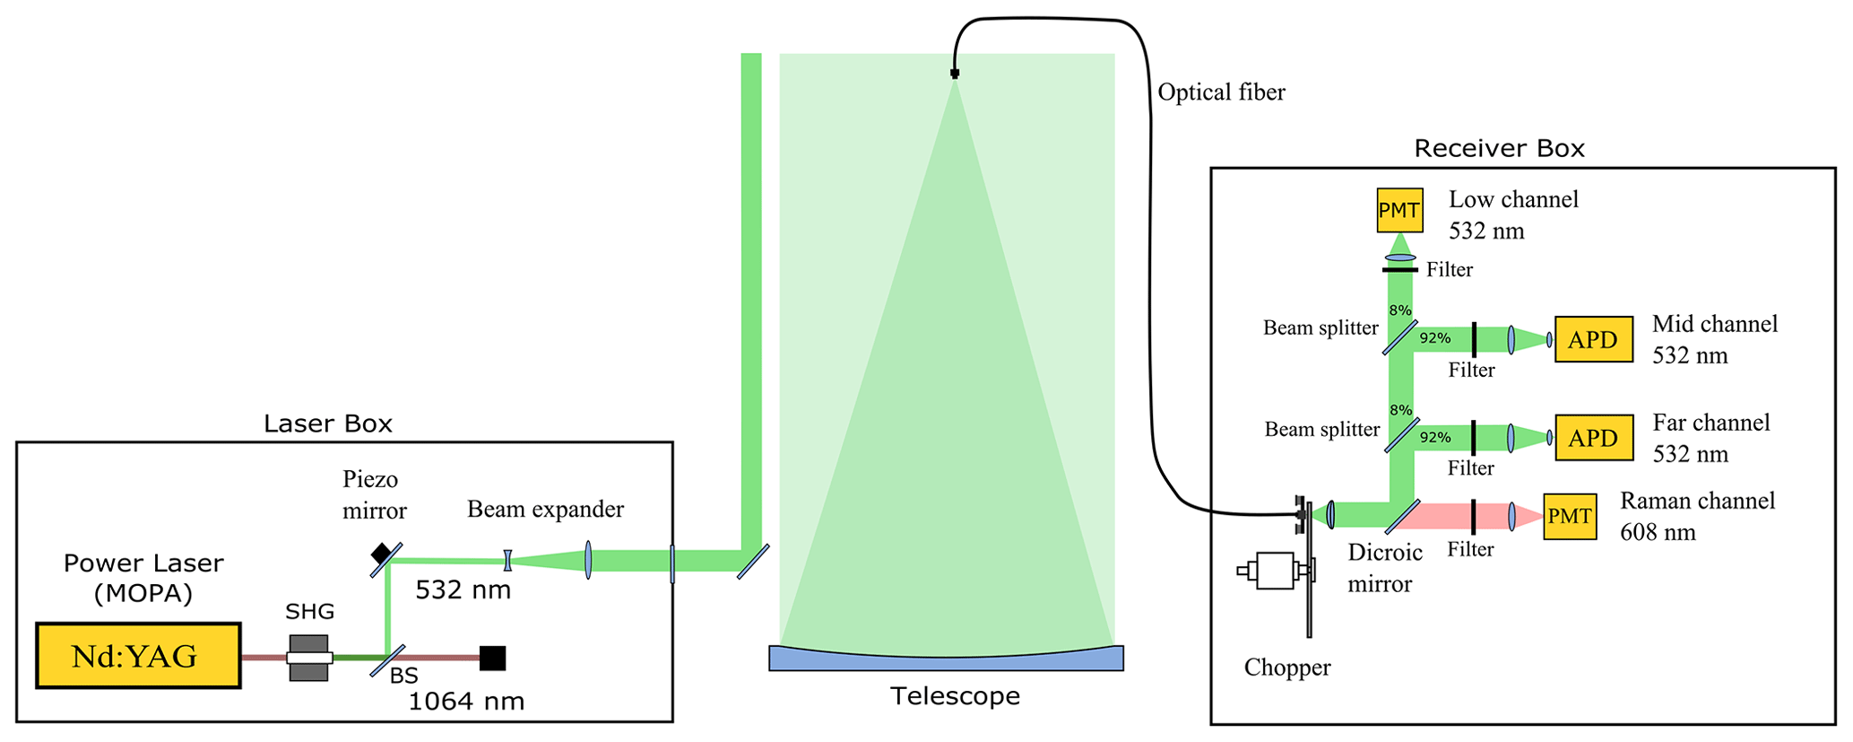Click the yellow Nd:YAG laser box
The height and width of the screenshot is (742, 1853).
point(138,656)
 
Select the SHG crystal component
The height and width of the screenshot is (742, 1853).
point(309,658)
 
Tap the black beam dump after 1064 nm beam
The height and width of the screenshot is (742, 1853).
point(492,658)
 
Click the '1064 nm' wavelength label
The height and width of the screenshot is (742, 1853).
point(466,701)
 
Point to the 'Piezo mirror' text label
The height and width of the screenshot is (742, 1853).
point(374,494)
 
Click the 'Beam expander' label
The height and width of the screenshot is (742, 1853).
point(545,510)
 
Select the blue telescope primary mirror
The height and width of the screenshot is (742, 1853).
point(946,659)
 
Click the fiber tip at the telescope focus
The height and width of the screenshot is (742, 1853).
point(955,74)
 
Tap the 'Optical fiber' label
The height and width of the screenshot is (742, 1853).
point(1221,92)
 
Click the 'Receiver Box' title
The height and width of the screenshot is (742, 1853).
point(1499,148)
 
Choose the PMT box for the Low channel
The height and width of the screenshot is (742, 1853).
point(1398,210)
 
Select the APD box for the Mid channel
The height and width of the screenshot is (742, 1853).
point(1593,339)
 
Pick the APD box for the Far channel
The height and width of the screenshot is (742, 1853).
point(1593,438)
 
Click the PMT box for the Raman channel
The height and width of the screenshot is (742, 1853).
point(1570,516)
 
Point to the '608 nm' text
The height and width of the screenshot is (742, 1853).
point(1658,532)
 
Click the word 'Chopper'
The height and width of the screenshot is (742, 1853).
point(1286,668)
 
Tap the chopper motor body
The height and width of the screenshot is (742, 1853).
point(1275,571)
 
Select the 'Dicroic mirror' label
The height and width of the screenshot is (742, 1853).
point(1383,568)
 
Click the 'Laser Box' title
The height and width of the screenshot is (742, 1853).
point(327,423)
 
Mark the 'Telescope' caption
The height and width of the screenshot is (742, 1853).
point(955,696)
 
